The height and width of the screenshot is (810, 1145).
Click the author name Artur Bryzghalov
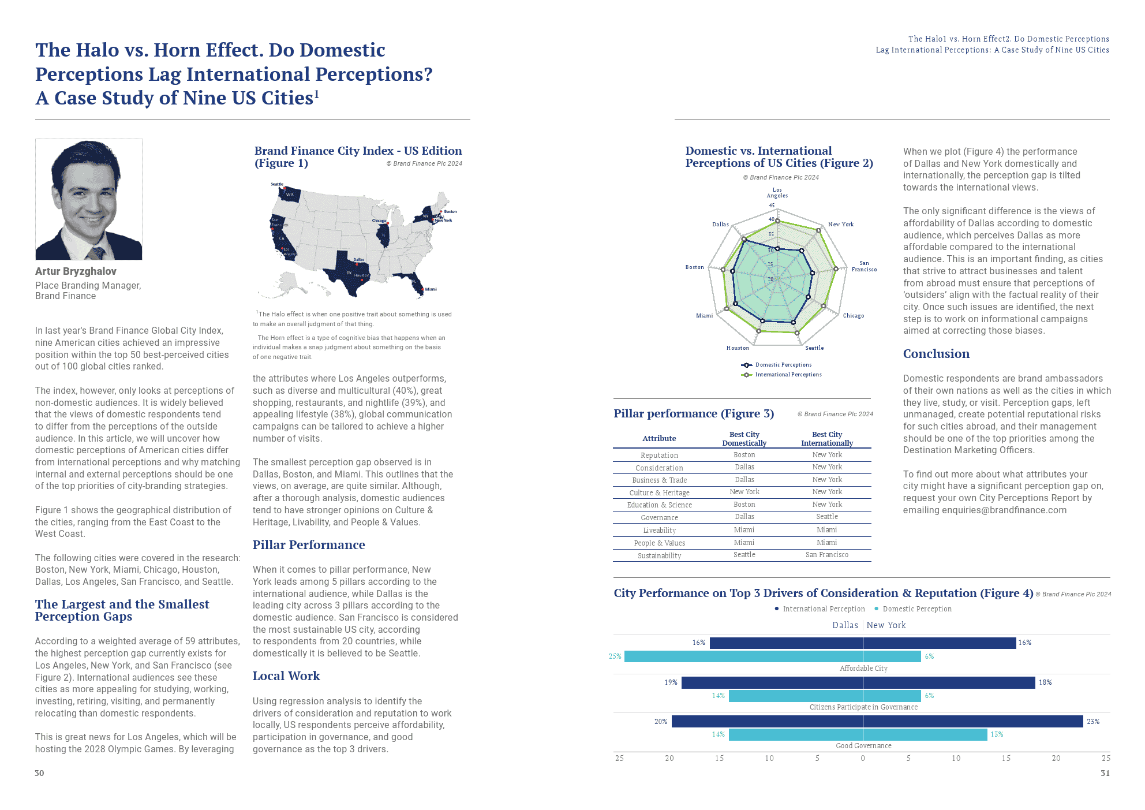[76, 271]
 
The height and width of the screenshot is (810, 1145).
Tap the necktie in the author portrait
[96, 252]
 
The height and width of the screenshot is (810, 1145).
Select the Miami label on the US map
[431, 289]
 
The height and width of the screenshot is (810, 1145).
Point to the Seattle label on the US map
[277, 184]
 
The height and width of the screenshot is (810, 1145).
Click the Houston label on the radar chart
[738, 348]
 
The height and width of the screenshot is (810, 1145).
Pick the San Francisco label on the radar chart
[864, 266]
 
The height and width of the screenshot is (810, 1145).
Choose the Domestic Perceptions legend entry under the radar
[783, 365]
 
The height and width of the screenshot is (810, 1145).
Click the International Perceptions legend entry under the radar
[788, 375]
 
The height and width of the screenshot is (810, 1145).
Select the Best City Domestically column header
[744, 439]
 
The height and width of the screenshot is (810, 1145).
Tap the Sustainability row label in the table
[659, 556]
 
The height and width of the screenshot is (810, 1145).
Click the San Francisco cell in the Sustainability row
[826, 555]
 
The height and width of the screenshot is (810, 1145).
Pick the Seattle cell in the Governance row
[826, 517]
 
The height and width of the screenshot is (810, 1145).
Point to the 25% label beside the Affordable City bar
[615, 656]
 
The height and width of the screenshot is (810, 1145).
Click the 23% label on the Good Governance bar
[1092, 722]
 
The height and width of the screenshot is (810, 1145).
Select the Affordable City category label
[863, 669]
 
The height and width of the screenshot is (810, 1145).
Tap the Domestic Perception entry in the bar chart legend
[916, 609]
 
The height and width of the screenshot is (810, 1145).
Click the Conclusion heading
[936, 354]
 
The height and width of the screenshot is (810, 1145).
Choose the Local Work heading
[286, 676]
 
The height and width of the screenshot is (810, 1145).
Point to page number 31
[1105, 773]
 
